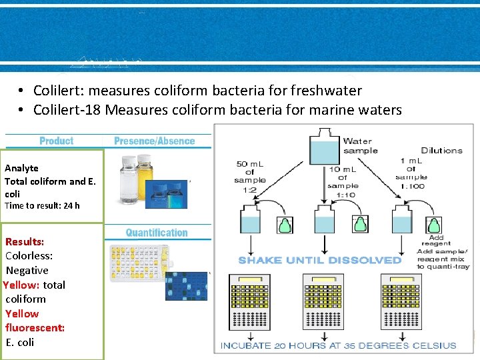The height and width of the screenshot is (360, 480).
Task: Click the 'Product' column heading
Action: [x=56, y=141]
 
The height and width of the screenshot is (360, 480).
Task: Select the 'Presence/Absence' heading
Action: [x=154, y=141]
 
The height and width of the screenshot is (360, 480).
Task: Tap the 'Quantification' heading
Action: [x=157, y=233]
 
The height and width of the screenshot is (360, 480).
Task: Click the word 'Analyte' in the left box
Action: [x=21, y=168]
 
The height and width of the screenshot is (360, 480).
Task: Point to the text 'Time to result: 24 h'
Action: [x=42, y=205]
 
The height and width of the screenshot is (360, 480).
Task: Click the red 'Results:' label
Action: [x=25, y=241]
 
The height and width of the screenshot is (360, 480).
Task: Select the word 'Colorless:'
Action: [x=29, y=256]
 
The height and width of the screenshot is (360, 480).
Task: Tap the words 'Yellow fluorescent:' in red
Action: [x=35, y=321]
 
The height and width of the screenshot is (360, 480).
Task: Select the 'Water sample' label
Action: [x=360, y=145]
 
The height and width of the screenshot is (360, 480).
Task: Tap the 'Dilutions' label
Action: [x=441, y=151]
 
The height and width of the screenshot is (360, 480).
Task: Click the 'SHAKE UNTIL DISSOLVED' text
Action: [x=320, y=260]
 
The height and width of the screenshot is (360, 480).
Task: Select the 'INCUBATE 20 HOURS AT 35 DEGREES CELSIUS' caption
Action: [x=339, y=345]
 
